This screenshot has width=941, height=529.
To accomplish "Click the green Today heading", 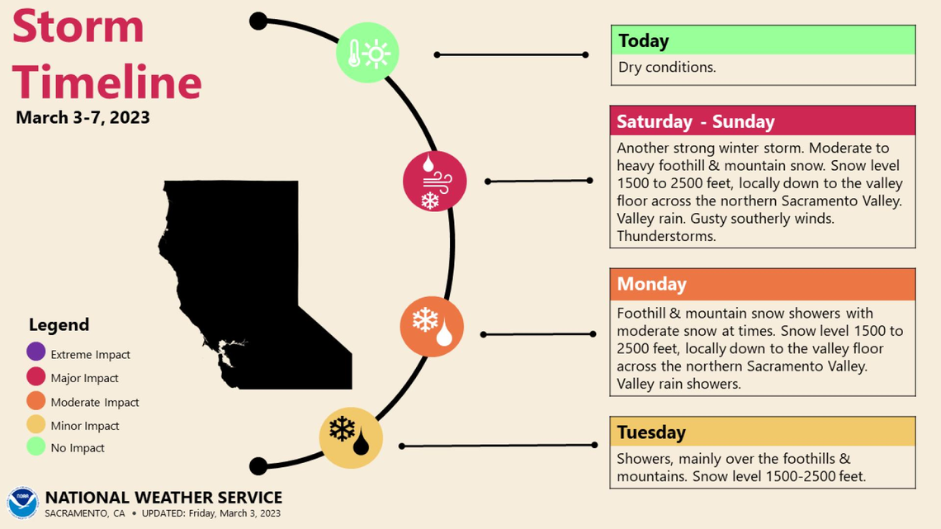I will (763, 40).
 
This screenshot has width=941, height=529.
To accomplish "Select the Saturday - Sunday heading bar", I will (763, 121).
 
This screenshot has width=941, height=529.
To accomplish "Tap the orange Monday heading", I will (763, 284).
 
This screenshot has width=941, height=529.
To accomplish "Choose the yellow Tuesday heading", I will (763, 432).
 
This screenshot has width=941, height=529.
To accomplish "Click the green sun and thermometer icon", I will (367, 53).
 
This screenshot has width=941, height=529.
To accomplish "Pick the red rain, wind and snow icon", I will (434, 182).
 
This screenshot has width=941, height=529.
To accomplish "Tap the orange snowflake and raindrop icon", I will (432, 326).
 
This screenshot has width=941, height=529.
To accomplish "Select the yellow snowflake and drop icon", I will (351, 437).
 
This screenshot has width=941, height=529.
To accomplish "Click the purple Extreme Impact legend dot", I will (35, 353).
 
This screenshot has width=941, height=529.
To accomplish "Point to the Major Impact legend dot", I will (35, 377).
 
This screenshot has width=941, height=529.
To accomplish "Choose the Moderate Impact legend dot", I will (35, 401).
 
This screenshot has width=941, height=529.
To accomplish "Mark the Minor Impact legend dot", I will (35, 424).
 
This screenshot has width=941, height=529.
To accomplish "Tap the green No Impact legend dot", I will (35, 447).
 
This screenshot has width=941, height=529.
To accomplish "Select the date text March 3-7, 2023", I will (83, 117).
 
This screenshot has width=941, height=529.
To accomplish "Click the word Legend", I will (59, 324).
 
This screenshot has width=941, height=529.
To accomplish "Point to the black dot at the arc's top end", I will (258, 21).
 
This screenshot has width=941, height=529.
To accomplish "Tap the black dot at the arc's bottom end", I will (258, 466).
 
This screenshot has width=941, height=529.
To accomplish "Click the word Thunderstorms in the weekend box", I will (666, 236).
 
